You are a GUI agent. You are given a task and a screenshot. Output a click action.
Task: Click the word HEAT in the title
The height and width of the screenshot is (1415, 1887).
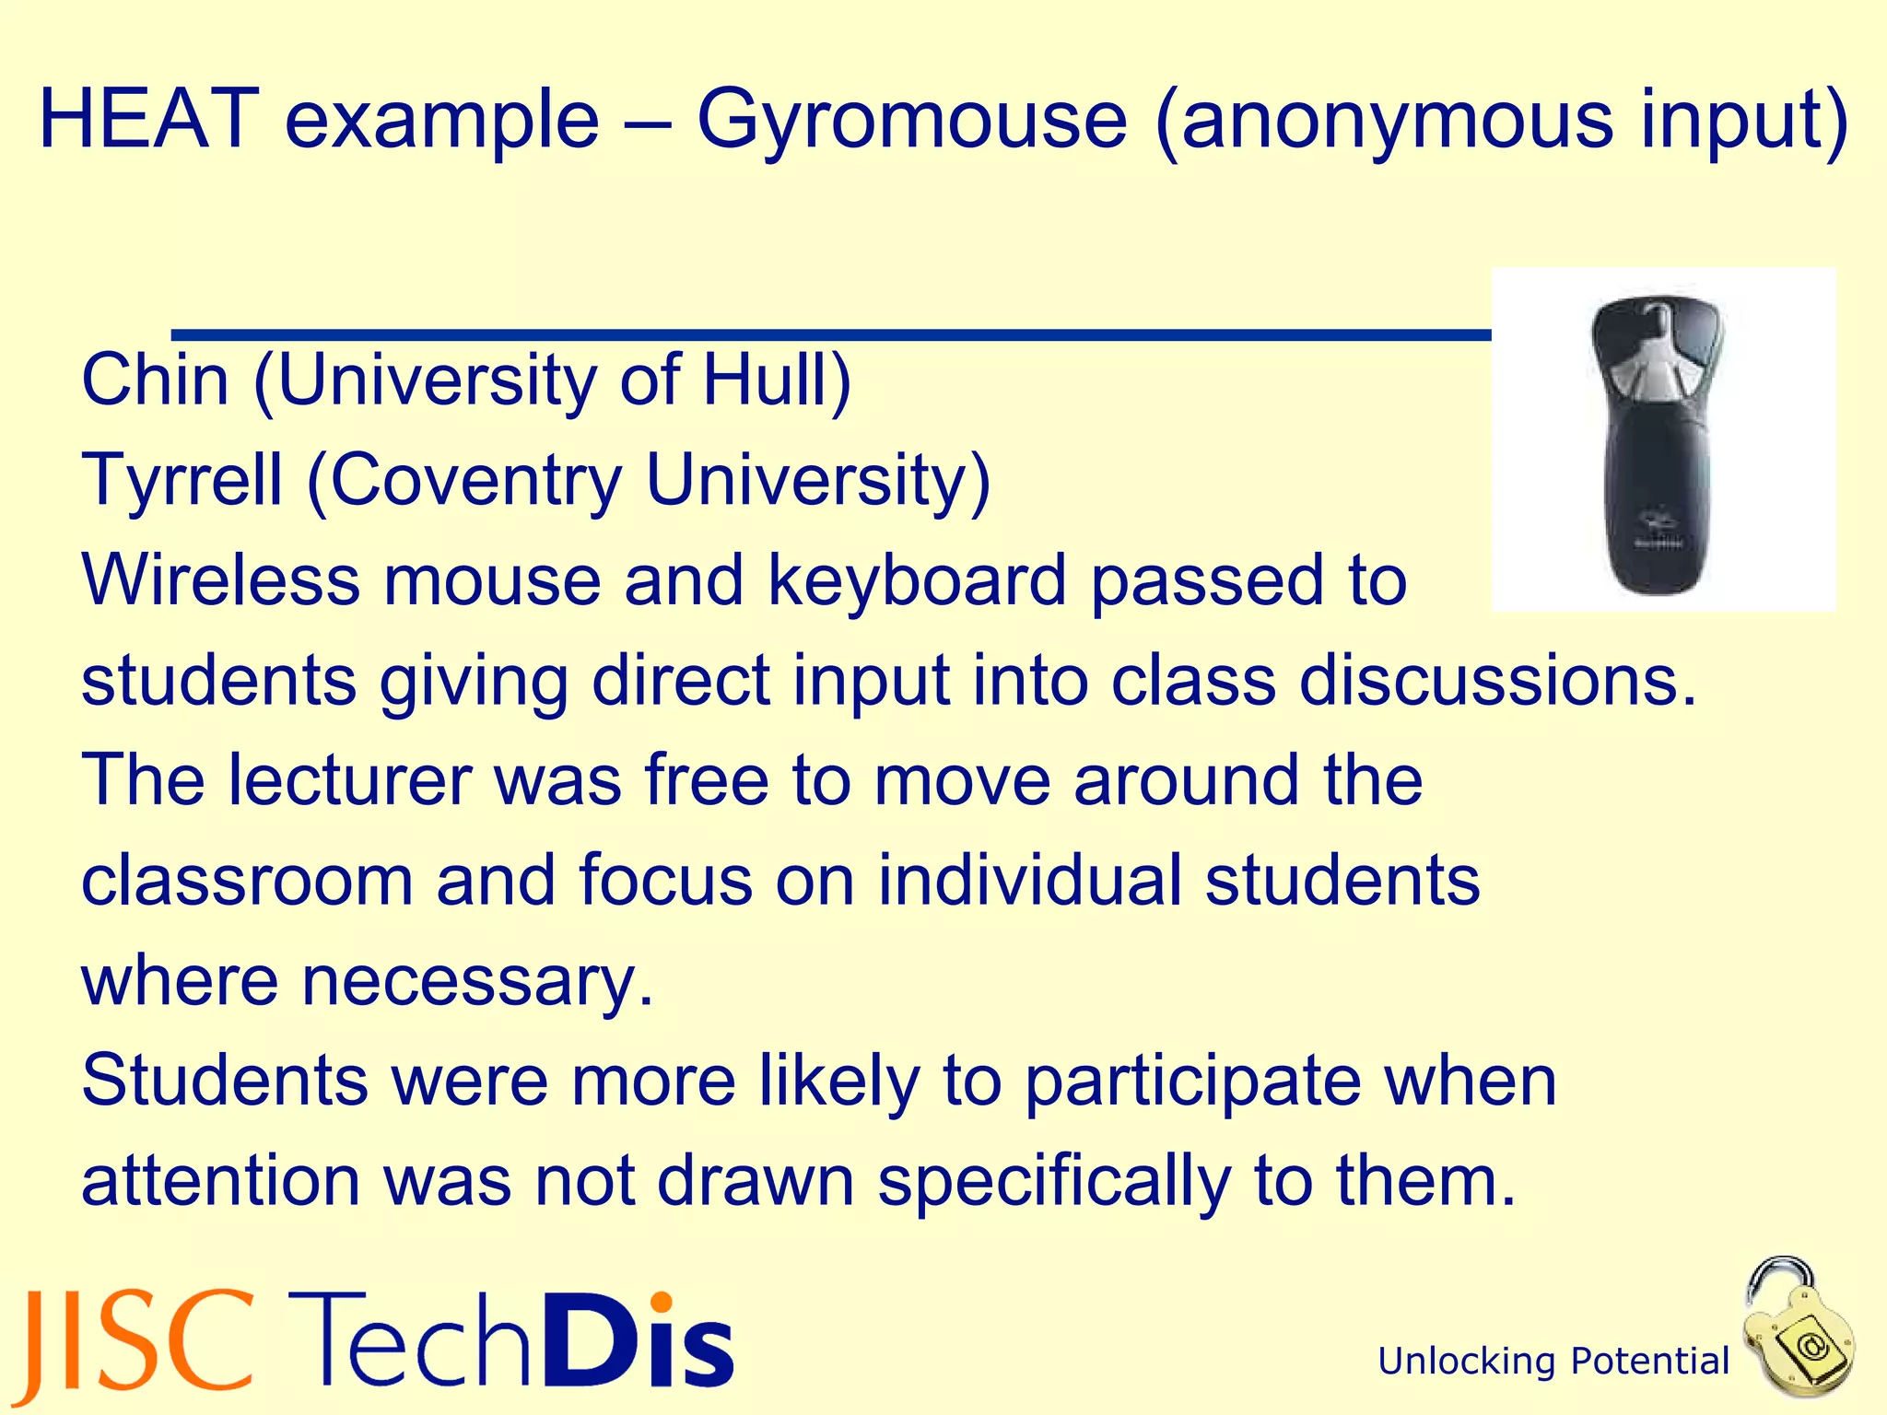tap(148, 119)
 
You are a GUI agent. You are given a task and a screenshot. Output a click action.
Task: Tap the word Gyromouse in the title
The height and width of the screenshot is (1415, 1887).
tap(911, 121)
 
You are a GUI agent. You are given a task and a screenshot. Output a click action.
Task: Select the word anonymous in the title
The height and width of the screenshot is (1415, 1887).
tap(1397, 121)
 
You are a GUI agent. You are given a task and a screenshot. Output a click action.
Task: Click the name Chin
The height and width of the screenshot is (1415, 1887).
tap(155, 380)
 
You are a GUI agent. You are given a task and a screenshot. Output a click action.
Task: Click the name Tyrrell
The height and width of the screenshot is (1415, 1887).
tap(182, 480)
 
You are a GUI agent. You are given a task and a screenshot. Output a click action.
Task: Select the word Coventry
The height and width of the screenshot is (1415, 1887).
tap(475, 480)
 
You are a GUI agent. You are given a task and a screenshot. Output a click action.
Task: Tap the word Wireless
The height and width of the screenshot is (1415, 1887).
tap(220, 579)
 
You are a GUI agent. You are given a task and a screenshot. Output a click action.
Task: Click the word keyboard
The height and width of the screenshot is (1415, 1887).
tap(917, 579)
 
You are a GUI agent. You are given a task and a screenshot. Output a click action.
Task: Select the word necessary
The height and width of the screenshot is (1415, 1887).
tap(477, 980)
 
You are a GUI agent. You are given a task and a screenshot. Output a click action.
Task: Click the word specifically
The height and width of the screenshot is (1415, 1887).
tap(1053, 1181)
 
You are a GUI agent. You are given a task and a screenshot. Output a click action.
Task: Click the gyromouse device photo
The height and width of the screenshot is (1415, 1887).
tap(1662, 440)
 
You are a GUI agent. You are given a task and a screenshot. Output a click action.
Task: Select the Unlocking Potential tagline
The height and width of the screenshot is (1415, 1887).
tap(1553, 1361)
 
